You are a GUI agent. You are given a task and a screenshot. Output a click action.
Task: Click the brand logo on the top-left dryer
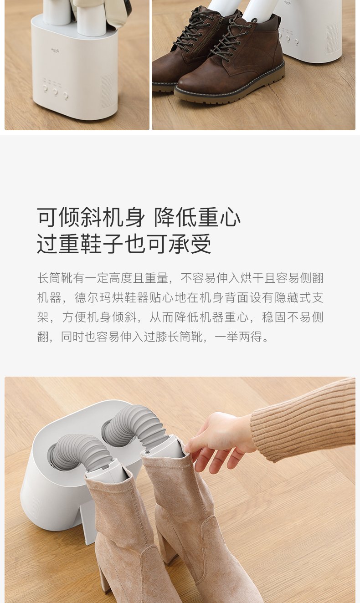[55, 50]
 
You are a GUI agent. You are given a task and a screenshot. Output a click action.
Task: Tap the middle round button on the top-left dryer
[55, 92]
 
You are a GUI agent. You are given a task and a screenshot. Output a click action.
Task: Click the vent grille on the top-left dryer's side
[109, 89]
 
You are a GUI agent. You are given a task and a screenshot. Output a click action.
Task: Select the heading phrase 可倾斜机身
[91, 217]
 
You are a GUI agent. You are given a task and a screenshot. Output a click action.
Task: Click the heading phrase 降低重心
[197, 217]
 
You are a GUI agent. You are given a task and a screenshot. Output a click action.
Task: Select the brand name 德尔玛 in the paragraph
[93, 298]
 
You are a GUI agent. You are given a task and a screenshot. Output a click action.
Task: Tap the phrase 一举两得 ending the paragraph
[238, 337]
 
